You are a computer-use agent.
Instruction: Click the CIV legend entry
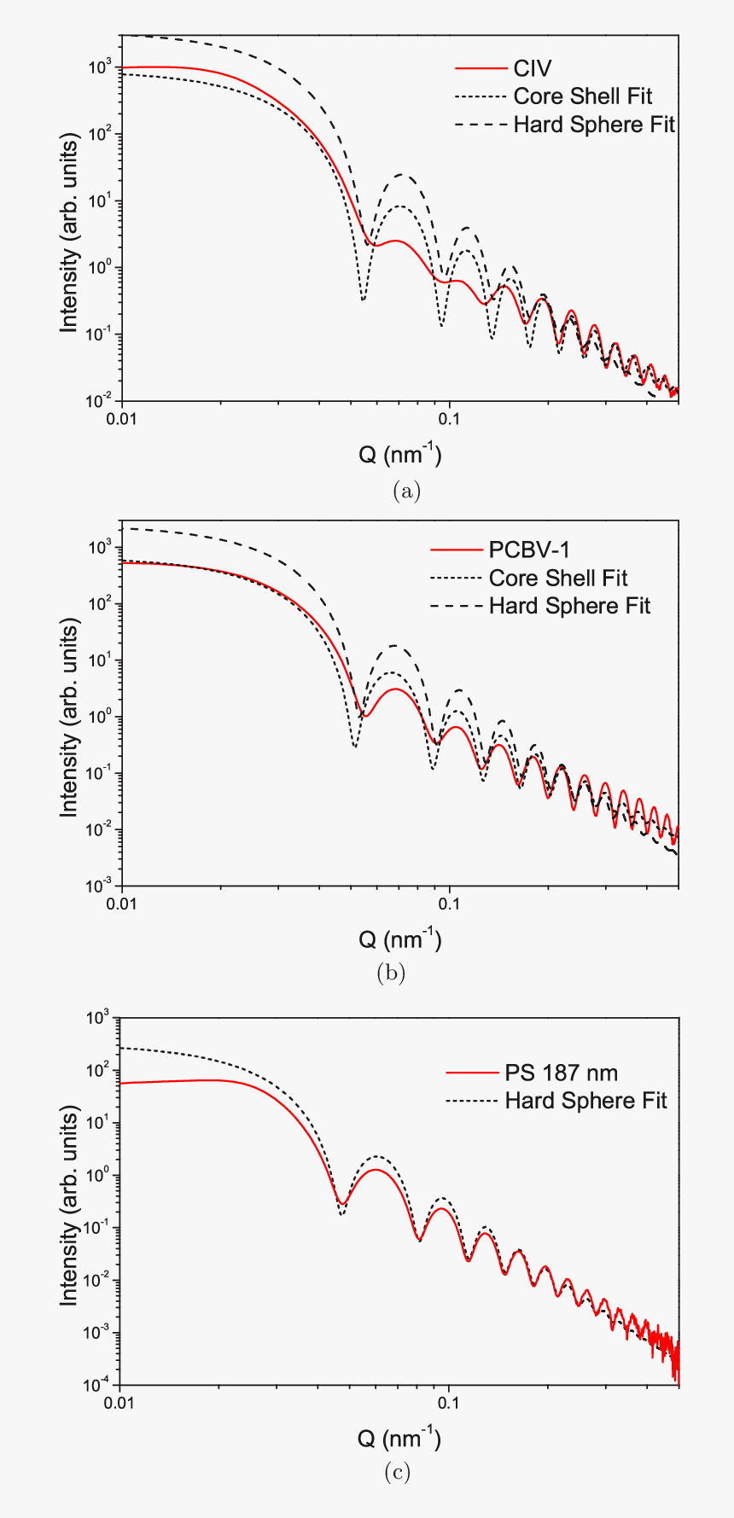click(533, 68)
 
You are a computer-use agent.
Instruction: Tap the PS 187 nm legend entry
click(561, 1073)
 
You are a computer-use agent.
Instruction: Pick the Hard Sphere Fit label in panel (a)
click(594, 125)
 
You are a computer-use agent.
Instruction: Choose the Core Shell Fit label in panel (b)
click(558, 578)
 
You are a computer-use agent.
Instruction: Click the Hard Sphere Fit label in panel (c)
click(585, 1101)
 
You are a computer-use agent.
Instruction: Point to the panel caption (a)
click(406, 491)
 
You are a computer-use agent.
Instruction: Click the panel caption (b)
click(391, 973)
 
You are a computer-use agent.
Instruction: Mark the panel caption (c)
click(397, 1472)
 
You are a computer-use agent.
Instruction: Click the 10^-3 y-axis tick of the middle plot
click(101, 887)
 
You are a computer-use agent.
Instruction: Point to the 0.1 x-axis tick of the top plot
click(449, 419)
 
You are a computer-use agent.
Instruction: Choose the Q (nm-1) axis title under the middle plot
click(399, 939)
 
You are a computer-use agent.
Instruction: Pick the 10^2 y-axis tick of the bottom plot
click(101, 1070)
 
